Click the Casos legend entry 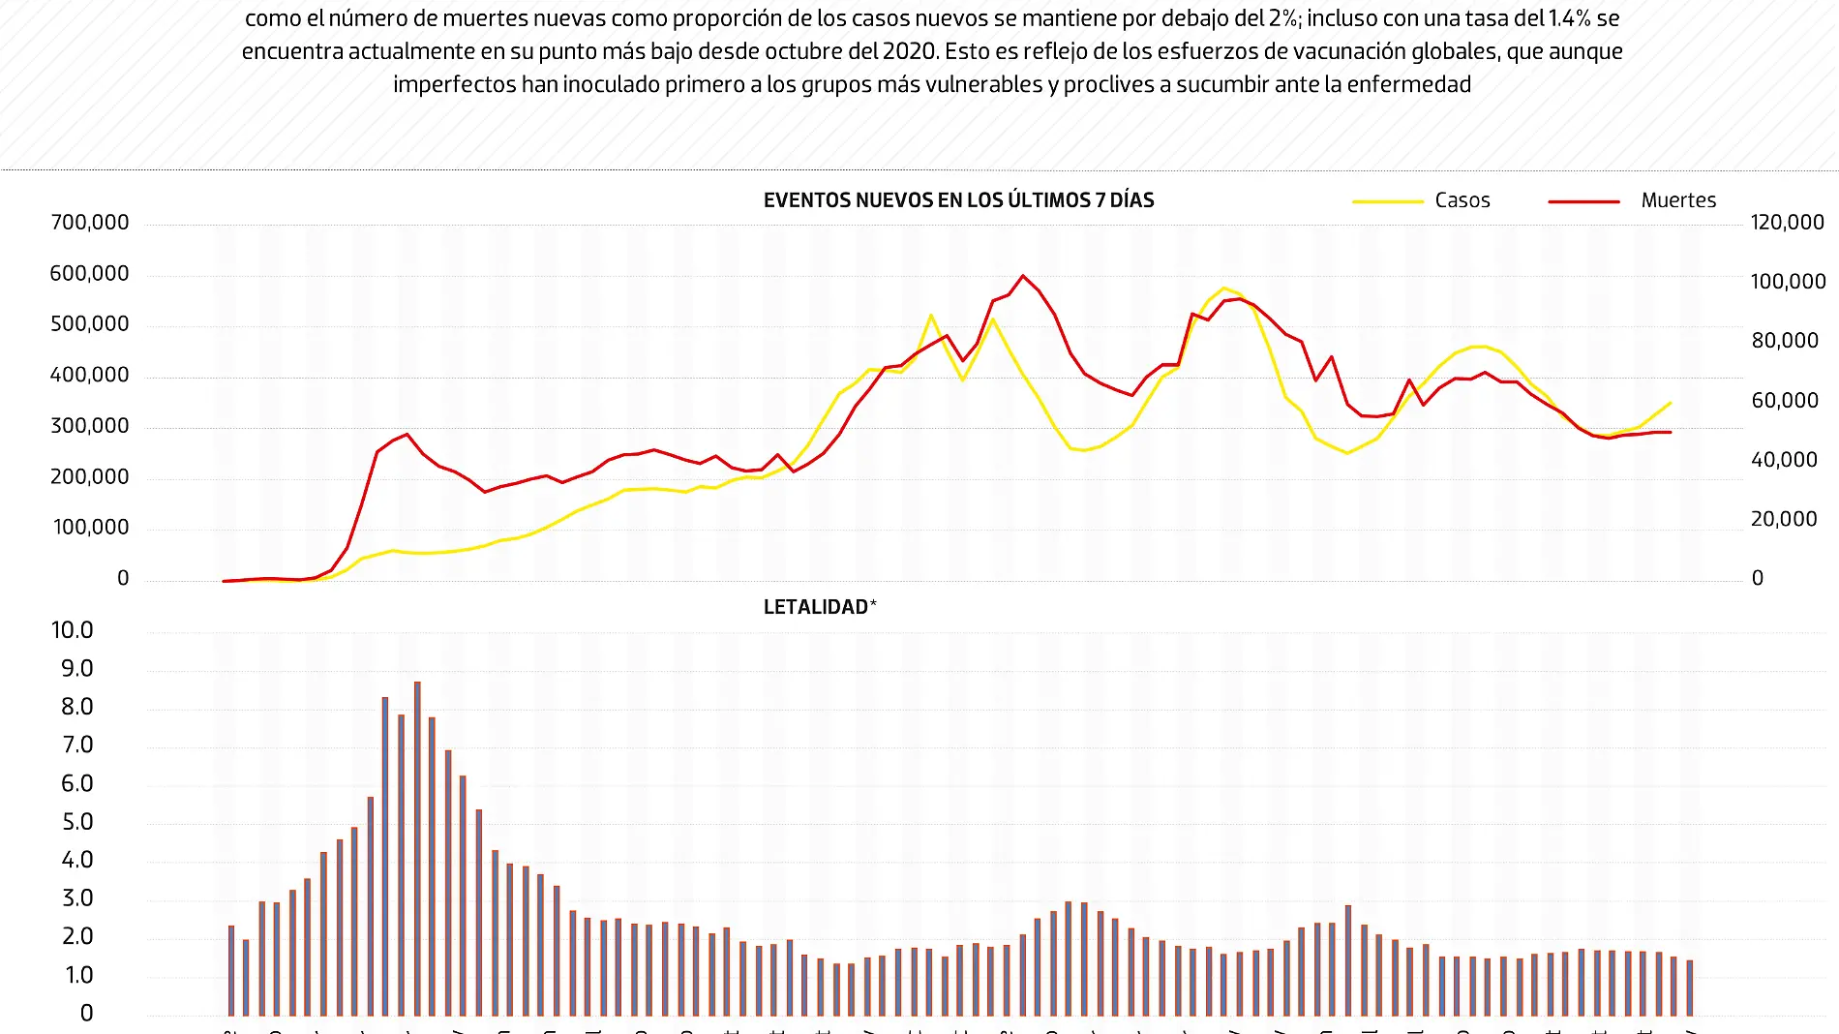pos(1462,200)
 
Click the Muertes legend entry pos(1677,200)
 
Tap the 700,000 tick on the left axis pos(89,223)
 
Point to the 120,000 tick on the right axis pos(1787,223)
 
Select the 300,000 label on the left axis pos(89,426)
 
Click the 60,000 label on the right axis pos(1784,401)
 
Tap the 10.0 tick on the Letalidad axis pos(73,630)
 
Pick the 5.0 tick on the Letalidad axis pos(76,822)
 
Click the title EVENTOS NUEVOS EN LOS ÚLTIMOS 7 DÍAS pos(958,200)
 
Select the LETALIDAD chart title pos(819,607)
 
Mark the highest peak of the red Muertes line pos(1023,276)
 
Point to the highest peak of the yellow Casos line pos(1224,289)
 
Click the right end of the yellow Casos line pos(1670,403)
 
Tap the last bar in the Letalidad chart pos(1689,988)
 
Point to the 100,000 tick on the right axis pos(1787,282)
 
